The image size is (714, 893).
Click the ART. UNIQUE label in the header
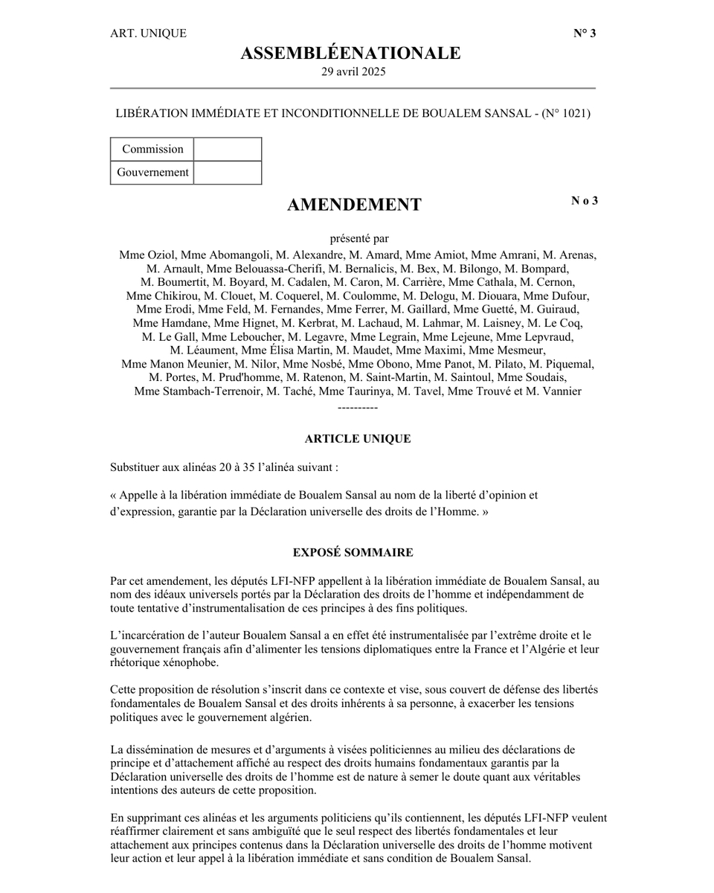tap(148, 33)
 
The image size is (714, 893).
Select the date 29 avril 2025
tap(353, 72)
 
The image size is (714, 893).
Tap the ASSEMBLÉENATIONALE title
tap(350, 54)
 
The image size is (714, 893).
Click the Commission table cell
tap(152, 149)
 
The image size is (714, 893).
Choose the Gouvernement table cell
tap(152, 173)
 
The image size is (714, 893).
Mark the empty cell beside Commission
tap(228, 149)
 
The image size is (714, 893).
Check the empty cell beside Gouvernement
tap(228, 173)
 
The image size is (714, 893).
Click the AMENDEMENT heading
tap(354, 205)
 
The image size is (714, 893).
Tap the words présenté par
tap(359, 239)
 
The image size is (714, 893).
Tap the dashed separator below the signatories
tap(358, 409)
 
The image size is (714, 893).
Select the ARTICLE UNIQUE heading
tap(358, 439)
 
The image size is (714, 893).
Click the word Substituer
tap(135, 468)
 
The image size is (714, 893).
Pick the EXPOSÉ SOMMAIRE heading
tap(353, 553)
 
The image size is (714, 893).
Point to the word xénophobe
tap(190, 663)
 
